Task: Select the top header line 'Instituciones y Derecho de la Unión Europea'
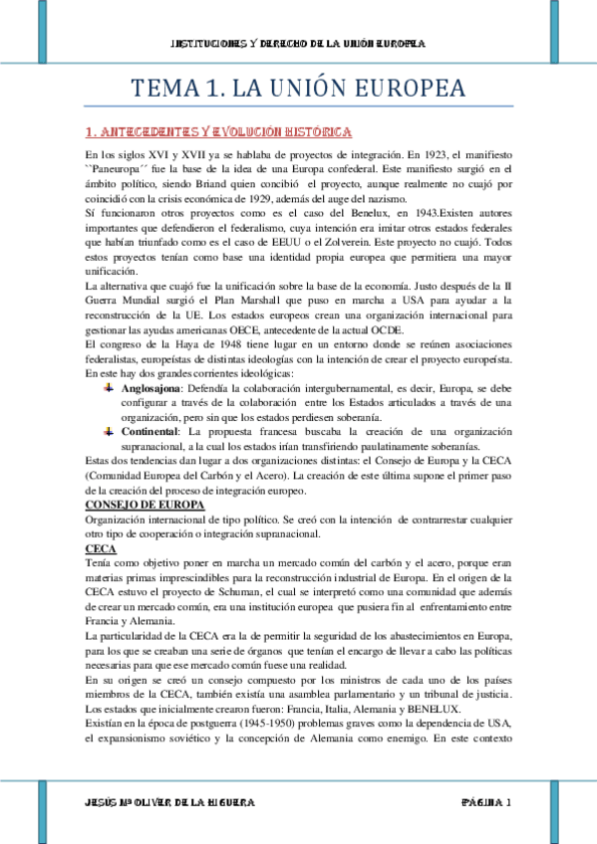298,44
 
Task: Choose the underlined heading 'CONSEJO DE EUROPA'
145,505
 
